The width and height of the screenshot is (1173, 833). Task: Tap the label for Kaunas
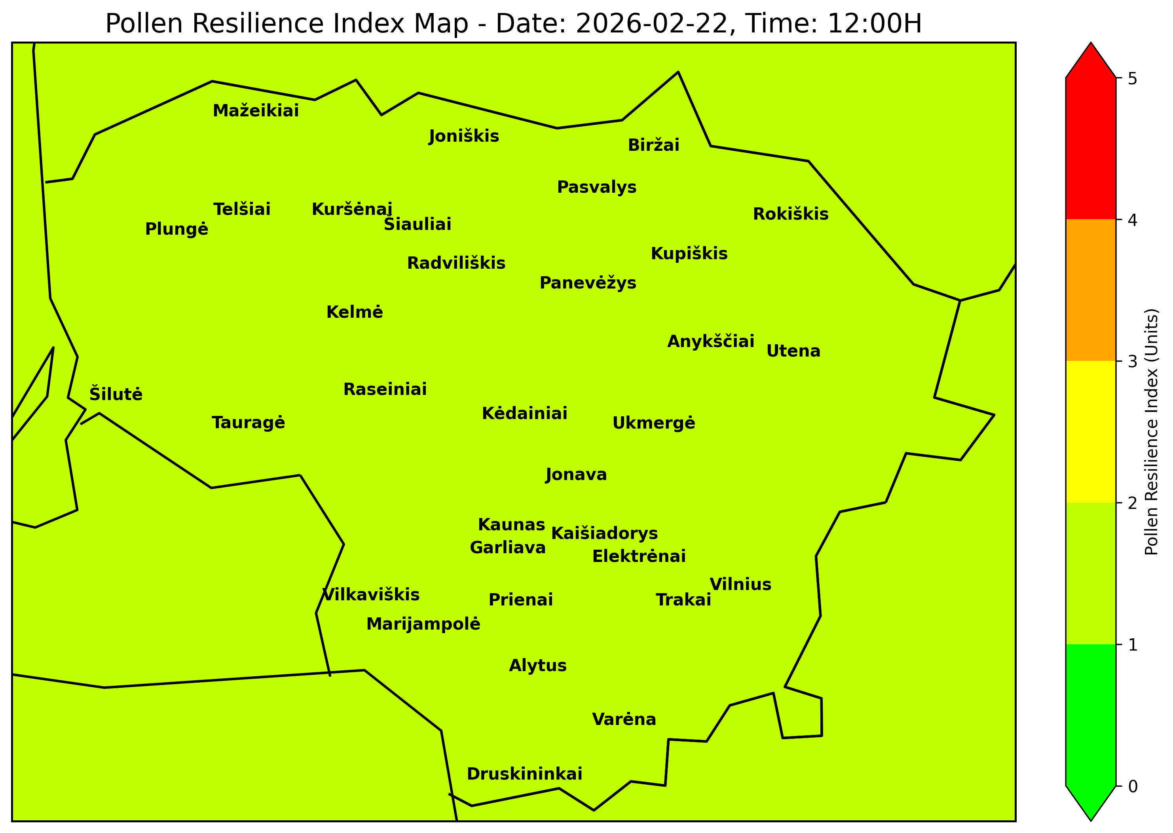(x=511, y=525)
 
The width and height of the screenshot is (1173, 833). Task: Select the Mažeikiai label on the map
(x=255, y=111)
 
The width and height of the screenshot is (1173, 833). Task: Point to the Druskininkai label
(x=524, y=774)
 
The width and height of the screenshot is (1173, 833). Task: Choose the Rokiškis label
(x=790, y=214)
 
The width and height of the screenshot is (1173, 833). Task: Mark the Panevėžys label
(x=588, y=283)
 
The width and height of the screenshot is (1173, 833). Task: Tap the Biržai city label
(x=653, y=145)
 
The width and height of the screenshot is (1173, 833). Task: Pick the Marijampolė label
(x=423, y=624)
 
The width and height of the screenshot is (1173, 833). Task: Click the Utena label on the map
(x=793, y=351)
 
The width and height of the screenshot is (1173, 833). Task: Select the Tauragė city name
(x=248, y=423)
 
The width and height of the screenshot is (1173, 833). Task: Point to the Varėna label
(x=624, y=720)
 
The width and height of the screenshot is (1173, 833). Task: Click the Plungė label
(x=177, y=229)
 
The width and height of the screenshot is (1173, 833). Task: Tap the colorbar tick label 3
(x=1133, y=362)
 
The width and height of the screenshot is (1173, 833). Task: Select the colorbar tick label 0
(x=1133, y=786)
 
